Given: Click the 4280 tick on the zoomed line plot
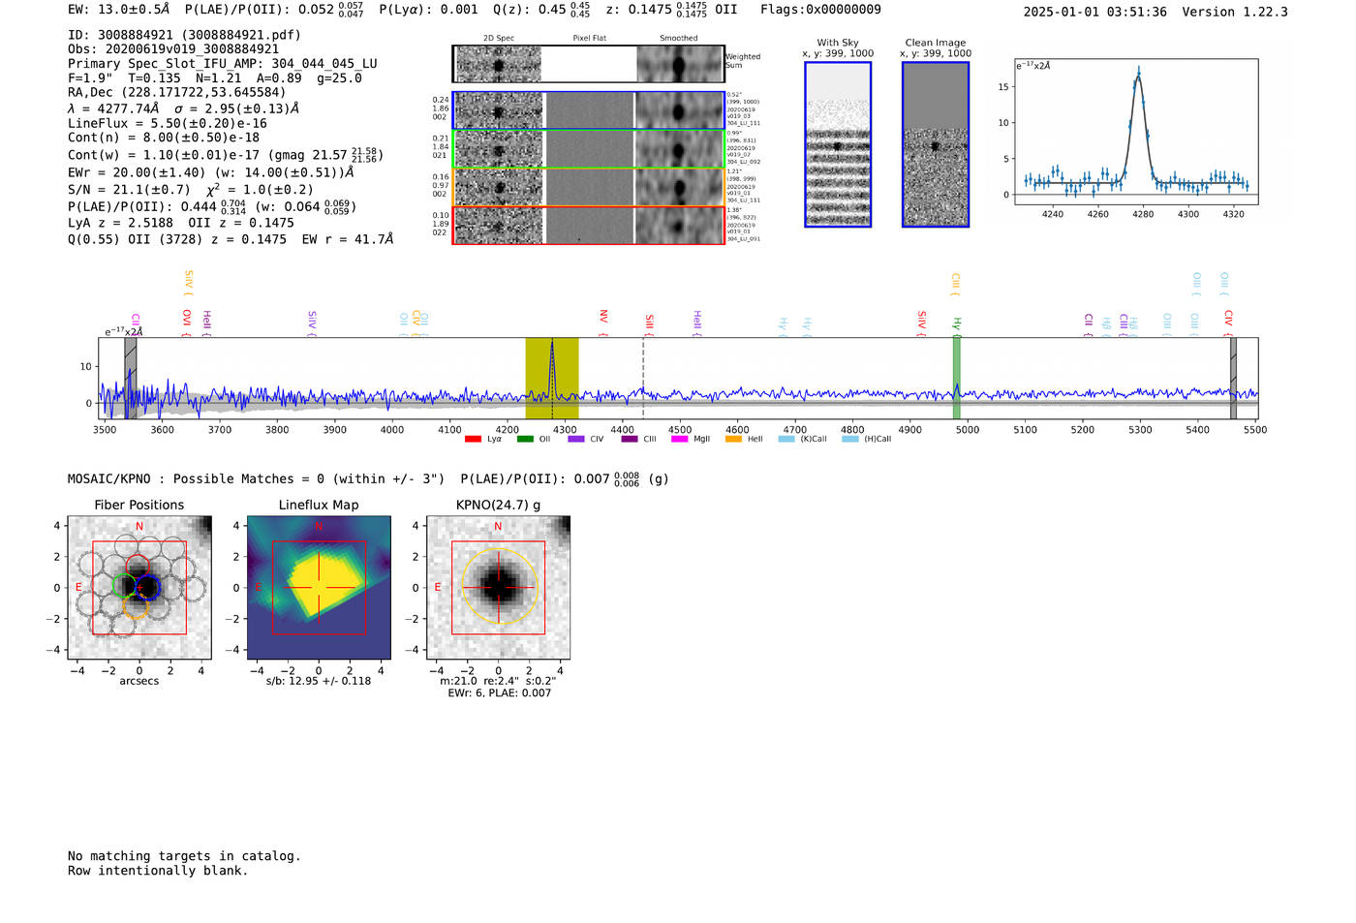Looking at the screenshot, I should pyautogui.click(x=1143, y=214).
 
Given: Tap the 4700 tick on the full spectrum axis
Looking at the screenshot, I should pyautogui.click(x=795, y=430).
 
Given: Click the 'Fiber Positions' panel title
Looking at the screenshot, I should pyautogui.click(x=139, y=505).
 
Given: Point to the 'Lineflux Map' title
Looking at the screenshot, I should pyautogui.click(x=319, y=505).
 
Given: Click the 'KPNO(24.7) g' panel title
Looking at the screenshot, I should pyautogui.click(x=498, y=505).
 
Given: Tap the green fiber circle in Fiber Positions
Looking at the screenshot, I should pyautogui.click(x=124, y=585).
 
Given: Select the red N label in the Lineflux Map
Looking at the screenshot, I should pyautogui.click(x=319, y=527).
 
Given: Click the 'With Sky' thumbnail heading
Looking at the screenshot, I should pyautogui.click(x=838, y=43).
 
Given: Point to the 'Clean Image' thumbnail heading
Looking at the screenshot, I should pyautogui.click(x=936, y=43).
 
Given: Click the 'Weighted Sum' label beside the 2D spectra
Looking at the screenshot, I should pyautogui.click(x=743, y=61).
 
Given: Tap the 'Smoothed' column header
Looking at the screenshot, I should pyautogui.click(x=678, y=39).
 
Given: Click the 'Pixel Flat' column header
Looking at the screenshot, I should pyautogui.click(x=590, y=39).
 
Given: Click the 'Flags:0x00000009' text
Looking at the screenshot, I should pyautogui.click(x=820, y=9).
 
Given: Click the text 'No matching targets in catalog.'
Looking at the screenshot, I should pyautogui.click(x=184, y=856).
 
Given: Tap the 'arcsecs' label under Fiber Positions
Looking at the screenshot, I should pyautogui.click(x=139, y=681).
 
